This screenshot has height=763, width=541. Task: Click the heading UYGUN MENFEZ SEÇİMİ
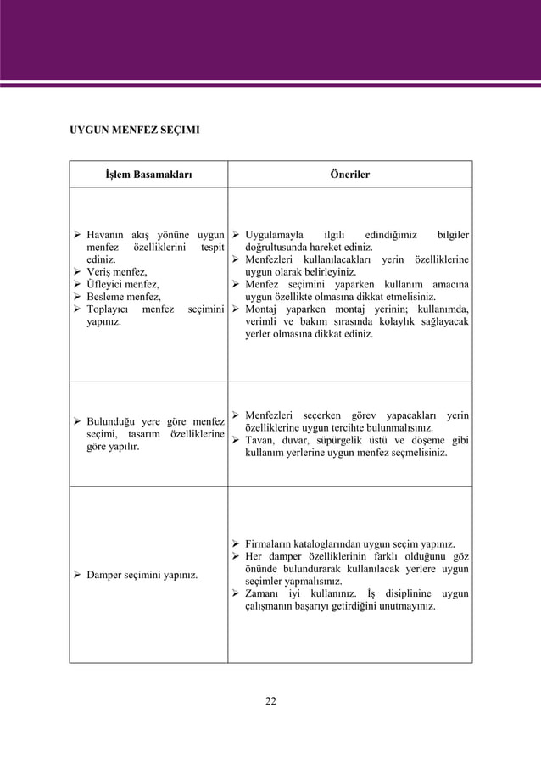point(134,131)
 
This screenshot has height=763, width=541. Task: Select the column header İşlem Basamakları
point(148,175)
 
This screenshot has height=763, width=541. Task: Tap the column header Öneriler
point(349,175)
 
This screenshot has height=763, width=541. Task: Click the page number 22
point(270,700)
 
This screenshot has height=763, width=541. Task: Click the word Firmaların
point(271,543)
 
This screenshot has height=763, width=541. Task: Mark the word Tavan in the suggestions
point(261,440)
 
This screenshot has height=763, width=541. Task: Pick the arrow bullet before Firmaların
point(236,543)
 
